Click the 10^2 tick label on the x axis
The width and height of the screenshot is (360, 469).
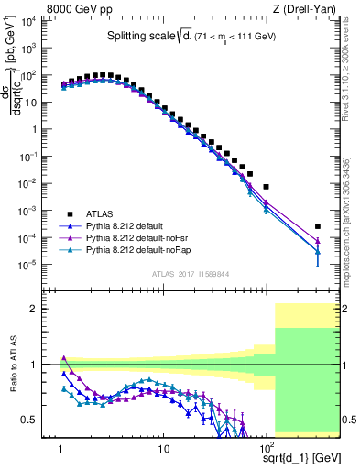267,449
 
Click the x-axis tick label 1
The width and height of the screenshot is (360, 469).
61,449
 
